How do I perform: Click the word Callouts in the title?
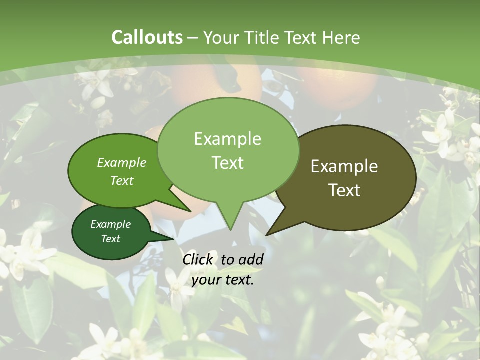(x=147, y=37)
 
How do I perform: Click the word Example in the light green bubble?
(x=227, y=139)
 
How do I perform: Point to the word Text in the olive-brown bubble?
(x=344, y=190)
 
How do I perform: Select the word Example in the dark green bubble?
(x=110, y=224)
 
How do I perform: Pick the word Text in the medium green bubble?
(x=122, y=180)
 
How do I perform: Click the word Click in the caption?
(x=198, y=259)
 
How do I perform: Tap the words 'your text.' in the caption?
(x=223, y=280)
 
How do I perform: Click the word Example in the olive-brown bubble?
(x=344, y=166)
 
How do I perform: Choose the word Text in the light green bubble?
(x=227, y=163)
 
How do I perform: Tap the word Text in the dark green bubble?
(x=110, y=239)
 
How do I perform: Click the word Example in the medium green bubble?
(x=122, y=162)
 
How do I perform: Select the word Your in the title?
(x=222, y=37)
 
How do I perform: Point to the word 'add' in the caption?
(x=251, y=259)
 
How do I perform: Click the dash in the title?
(x=193, y=37)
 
